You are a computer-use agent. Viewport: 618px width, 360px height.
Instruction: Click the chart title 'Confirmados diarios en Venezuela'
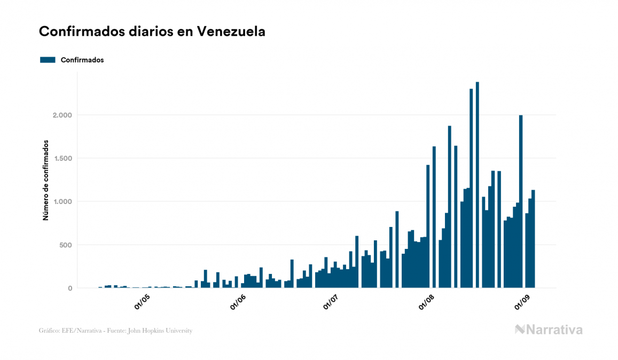[152, 32]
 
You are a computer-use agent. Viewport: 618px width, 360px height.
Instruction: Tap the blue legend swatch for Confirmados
[48, 60]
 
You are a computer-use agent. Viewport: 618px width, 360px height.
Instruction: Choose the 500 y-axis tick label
[64, 245]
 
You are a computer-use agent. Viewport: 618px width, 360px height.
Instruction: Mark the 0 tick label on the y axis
[69, 288]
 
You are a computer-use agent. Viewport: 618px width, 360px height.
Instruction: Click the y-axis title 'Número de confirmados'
[46, 181]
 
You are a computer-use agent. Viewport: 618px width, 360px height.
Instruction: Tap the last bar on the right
[533, 240]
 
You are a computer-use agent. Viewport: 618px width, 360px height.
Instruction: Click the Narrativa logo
[549, 330]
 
